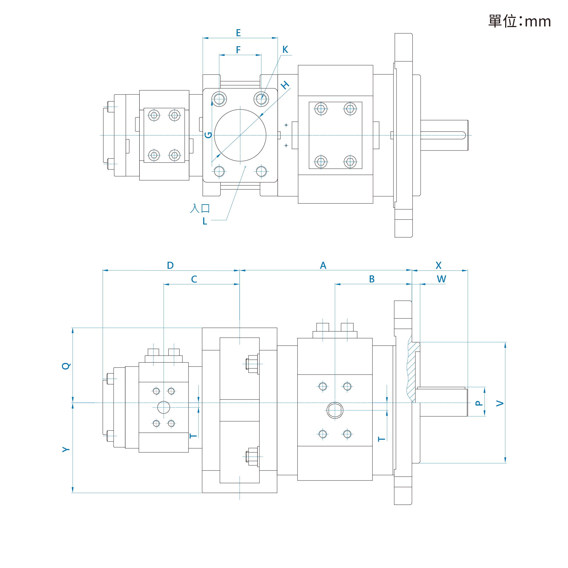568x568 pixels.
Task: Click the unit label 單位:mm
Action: (x=519, y=21)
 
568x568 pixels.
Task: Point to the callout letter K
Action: (x=285, y=49)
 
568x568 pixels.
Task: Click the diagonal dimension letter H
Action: (x=285, y=85)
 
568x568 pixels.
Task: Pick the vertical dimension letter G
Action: (x=208, y=135)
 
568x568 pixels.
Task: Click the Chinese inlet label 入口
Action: (x=200, y=209)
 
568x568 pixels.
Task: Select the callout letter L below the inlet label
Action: (x=205, y=221)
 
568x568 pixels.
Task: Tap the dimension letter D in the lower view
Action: (x=170, y=266)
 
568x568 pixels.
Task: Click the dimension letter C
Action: (x=194, y=279)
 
